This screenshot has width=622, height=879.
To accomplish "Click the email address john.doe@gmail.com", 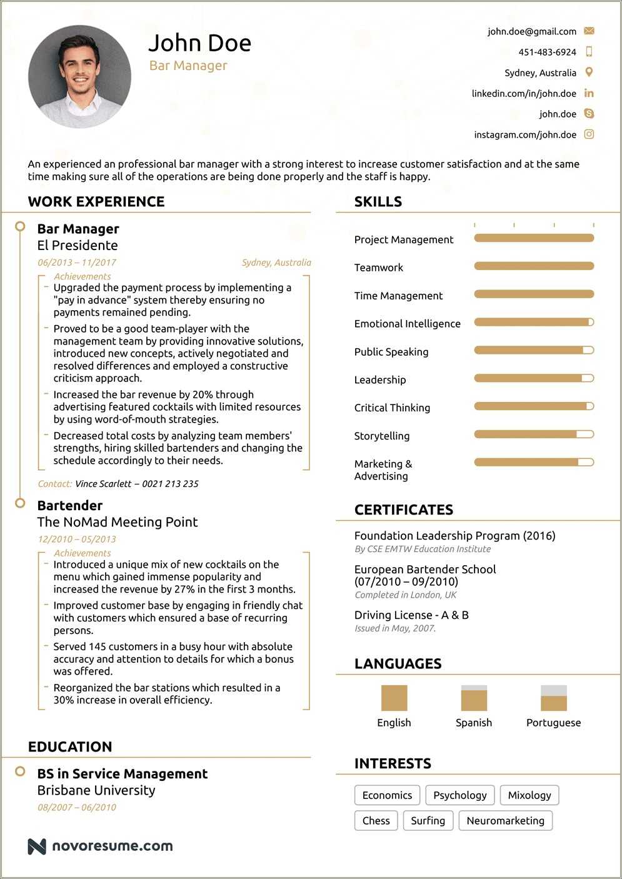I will [531, 31].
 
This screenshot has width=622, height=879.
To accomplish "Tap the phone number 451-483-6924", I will [547, 52].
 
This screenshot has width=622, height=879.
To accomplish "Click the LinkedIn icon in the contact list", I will [589, 93].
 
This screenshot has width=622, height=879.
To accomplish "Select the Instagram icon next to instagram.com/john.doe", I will [589, 134].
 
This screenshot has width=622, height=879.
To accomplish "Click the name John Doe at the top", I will [199, 43].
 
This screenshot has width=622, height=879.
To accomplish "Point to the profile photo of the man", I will [80, 76].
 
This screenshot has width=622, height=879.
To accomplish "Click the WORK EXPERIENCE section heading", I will [96, 201].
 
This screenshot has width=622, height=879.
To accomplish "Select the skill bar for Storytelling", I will [534, 434].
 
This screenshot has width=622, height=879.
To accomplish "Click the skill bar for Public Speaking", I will [534, 351].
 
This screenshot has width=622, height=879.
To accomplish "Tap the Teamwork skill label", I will [378, 268].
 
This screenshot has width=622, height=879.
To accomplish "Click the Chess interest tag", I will [376, 821].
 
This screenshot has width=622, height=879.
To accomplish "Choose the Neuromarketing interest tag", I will [505, 821].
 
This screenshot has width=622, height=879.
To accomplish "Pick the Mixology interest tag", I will [529, 795].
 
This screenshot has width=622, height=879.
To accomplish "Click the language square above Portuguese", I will [553, 698].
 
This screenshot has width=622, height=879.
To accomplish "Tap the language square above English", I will [394, 698].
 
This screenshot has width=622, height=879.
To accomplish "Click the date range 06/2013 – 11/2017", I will [77, 263].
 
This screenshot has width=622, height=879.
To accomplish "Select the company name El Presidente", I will [78, 246].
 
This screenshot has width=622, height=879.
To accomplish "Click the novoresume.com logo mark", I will [37, 846].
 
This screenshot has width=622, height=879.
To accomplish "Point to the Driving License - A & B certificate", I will [411, 615].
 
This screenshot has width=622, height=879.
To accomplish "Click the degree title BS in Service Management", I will [123, 774].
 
